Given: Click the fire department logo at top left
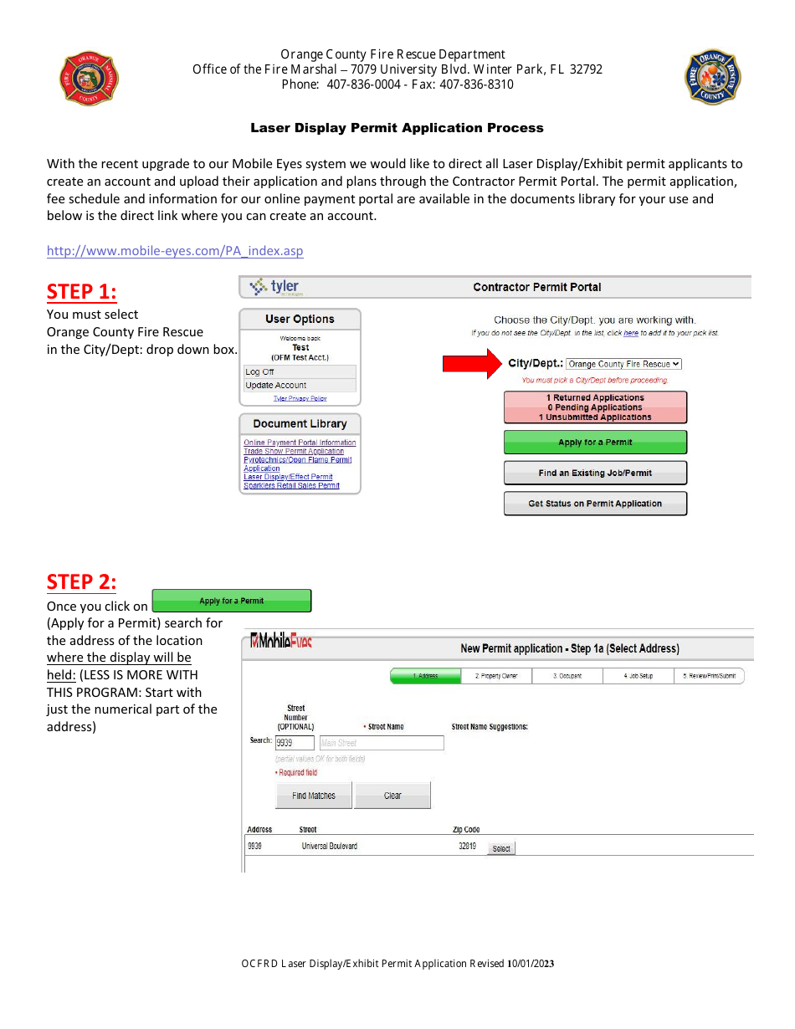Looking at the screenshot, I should coord(90,79).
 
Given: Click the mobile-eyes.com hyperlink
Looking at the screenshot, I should coord(175,251).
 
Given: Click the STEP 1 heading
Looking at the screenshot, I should coord(81,291).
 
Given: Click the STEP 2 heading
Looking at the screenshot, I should coord(81,581).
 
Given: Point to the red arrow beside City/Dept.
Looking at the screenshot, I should coord(470,364).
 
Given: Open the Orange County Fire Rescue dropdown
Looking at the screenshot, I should coord(623,364).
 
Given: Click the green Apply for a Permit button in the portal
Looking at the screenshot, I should coord(595,443).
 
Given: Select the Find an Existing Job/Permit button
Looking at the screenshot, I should coord(595,473).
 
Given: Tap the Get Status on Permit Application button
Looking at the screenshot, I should coord(595,504).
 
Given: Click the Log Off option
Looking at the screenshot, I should coord(259,371).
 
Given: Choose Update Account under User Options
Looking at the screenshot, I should coord(275,386).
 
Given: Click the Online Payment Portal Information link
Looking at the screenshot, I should coord(300,443).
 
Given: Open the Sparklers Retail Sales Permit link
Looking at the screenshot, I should coord(291,485).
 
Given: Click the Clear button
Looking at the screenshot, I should coord(392,796).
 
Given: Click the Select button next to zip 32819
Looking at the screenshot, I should coord(501,848).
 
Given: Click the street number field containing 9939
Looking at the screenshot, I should coord(295,743).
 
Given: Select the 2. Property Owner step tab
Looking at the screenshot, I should coord(496,676).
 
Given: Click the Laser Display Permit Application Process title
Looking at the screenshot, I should coord(397,128).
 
